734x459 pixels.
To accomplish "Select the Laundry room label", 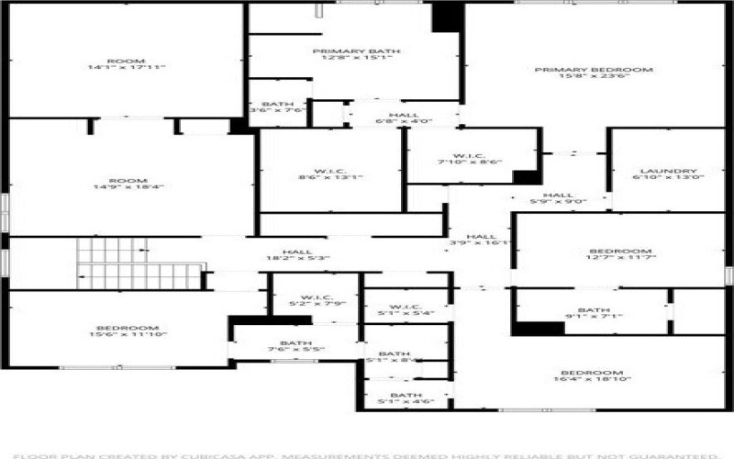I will (x=668, y=175).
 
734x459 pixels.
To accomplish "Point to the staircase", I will (x=138, y=264).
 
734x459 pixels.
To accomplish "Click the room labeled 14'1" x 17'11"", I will (x=126, y=63).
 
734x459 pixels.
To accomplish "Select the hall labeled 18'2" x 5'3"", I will (x=296, y=256).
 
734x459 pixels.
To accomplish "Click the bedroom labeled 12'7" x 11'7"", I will (x=619, y=256).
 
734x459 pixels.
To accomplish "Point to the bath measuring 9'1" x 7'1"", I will (x=594, y=314).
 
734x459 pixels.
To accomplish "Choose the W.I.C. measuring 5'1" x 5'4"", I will (x=405, y=310).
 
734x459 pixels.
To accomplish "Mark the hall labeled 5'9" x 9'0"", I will (x=558, y=198).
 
